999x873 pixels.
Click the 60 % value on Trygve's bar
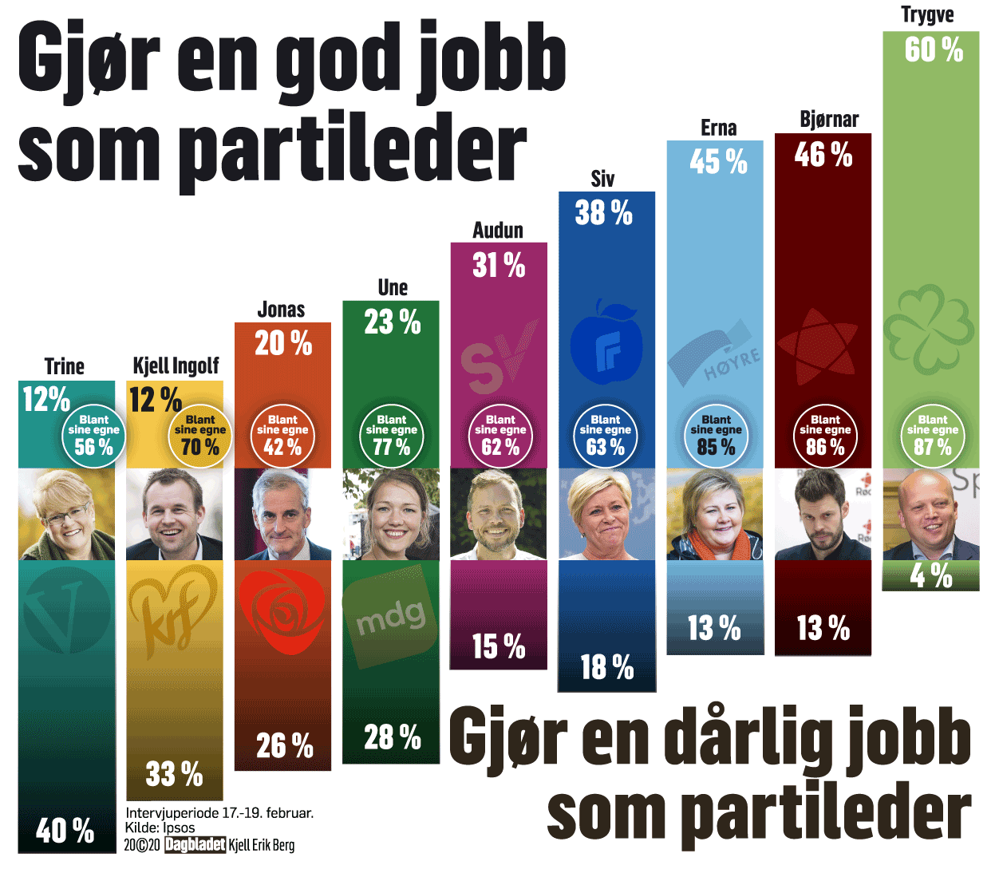tap(934, 50)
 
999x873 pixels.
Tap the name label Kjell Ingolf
tap(176, 366)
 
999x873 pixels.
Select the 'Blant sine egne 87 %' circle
tap(933, 436)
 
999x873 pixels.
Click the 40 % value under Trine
tap(65, 831)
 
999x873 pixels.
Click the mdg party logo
tap(390, 615)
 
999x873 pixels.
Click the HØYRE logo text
tap(732, 364)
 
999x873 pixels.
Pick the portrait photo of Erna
tap(714, 515)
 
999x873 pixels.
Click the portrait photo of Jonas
tap(282, 515)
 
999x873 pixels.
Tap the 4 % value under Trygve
tap(931, 575)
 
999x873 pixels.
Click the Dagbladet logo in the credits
tap(195, 845)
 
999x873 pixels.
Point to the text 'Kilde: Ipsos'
tap(160, 828)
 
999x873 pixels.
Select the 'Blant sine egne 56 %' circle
tap(93, 436)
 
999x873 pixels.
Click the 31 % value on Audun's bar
tap(499, 266)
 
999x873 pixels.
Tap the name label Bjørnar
tap(829, 120)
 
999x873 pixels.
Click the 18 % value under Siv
tap(606, 667)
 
